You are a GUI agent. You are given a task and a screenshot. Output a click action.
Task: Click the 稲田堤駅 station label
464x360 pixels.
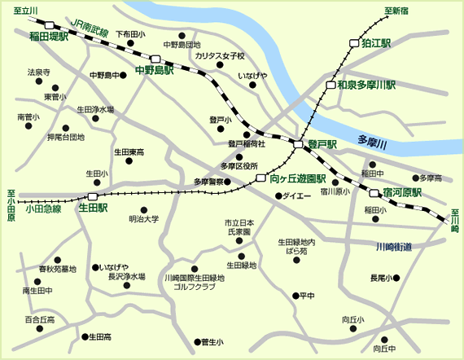coord(49,37)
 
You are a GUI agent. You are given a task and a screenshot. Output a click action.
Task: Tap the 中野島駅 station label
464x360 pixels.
coord(155,71)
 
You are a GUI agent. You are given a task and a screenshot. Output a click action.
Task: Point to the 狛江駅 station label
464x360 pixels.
coord(377,42)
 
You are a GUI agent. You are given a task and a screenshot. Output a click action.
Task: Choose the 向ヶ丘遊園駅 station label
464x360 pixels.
coord(297,178)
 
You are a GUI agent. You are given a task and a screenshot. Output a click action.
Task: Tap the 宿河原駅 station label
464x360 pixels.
coord(402,193)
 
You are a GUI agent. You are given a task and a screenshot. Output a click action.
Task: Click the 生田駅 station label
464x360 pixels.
coord(93,208)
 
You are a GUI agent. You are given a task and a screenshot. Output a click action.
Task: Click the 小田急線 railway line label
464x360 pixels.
coord(43,209)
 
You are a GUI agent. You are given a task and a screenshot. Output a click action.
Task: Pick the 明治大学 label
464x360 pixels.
coord(144,219)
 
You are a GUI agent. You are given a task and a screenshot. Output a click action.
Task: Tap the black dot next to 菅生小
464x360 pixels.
coord(196,342)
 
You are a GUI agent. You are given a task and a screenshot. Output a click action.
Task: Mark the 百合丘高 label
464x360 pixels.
coord(40,319)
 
